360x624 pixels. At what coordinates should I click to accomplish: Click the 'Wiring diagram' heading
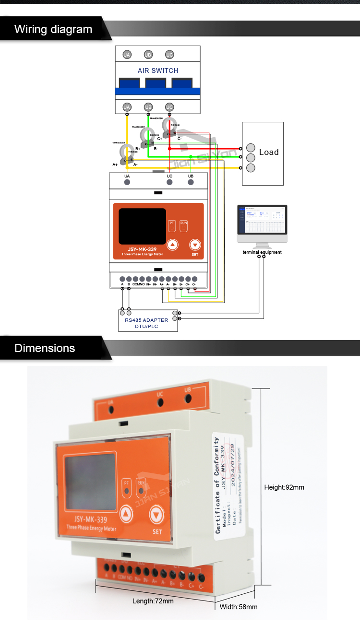pos(53,29)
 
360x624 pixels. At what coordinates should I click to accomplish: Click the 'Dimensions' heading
pos(45,348)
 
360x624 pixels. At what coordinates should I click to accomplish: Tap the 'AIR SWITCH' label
pos(158,71)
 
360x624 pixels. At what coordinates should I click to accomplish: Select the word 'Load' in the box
pos(268,152)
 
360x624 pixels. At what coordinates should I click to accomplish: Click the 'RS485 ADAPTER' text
pos(147,320)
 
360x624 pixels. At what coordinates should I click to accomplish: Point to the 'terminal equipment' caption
pos(262,252)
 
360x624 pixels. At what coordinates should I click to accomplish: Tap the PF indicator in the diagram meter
pos(172,224)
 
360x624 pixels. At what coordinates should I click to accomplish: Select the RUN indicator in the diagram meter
pos(183,224)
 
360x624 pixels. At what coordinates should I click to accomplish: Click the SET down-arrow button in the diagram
pos(194,245)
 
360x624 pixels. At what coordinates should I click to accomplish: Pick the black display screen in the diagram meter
pos(143,225)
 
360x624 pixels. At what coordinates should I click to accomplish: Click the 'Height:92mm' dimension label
pos(284,487)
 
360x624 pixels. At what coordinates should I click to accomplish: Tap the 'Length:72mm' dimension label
pos(153,601)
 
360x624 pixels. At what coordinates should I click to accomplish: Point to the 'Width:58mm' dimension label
pos(239,607)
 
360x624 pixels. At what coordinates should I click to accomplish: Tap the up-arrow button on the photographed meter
pos(126,515)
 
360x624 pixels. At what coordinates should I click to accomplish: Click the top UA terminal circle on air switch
pos(127,55)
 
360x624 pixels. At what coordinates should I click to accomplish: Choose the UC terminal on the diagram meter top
pos(169,182)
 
